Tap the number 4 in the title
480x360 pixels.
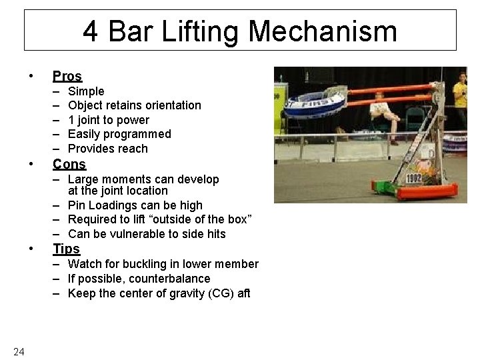pyautogui.click(x=91, y=31)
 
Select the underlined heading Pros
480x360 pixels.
pyautogui.click(x=67, y=76)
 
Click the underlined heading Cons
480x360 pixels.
pyautogui.click(x=69, y=164)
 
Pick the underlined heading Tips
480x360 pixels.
pyautogui.click(x=66, y=249)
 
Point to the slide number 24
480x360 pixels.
pyautogui.click(x=19, y=352)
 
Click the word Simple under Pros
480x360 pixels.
pyautogui.click(x=86, y=91)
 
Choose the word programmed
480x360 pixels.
pyautogui.click(x=140, y=134)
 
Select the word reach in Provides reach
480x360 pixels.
pyautogui.click(x=133, y=149)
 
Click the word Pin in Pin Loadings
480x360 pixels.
pyautogui.click(x=77, y=205)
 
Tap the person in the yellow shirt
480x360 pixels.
pyautogui.click(x=459, y=100)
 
